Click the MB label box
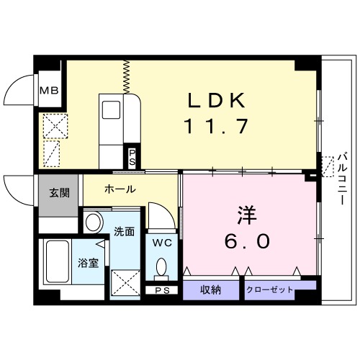tap(49, 91)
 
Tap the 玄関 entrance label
tap(59, 192)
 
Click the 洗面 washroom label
tap(124, 232)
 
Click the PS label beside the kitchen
tap(132, 156)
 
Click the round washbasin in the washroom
tap(93, 222)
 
